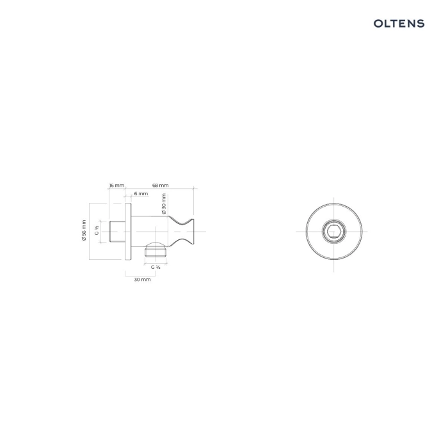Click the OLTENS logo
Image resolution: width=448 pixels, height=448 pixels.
point(399,24)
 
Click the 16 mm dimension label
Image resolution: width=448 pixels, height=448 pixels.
point(117,186)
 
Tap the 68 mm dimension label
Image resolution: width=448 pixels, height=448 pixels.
point(160,186)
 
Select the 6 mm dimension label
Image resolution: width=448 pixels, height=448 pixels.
point(141,194)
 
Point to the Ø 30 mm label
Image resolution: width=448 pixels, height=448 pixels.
point(164,204)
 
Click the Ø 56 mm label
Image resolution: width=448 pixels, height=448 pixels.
point(84,230)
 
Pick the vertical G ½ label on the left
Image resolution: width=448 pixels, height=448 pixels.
point(97,230)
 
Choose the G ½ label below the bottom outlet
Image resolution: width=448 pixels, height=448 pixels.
point(156,267)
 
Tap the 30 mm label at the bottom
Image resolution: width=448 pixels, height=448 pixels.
point(142,280)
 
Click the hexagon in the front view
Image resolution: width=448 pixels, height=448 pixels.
point(334,232)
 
